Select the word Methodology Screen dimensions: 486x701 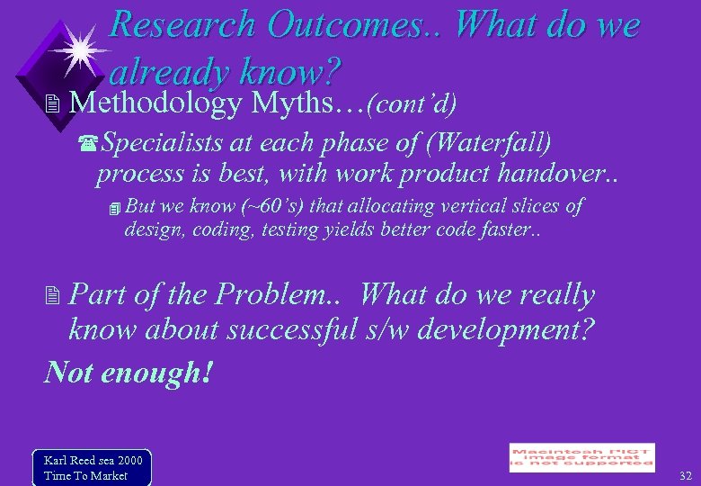(155, 103)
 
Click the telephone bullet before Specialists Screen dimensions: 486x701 (88, 144)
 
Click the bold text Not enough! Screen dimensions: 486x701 (129, 370)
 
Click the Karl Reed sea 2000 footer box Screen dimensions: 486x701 (92, 467)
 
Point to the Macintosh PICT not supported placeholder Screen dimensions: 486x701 (581, 457)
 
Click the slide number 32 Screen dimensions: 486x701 (686, 475)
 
